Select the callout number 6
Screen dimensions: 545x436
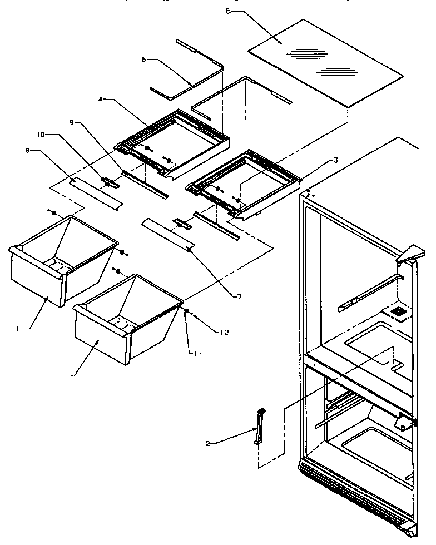[x=143, y=59]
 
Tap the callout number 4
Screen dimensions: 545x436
[x=101, y=100]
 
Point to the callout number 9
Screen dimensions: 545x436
[x=71, y=122]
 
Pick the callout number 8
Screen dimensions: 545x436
[x=28, y=149]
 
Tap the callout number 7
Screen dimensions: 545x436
[x=239, y=296]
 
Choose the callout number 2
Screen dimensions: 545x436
[x=207, y=443]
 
